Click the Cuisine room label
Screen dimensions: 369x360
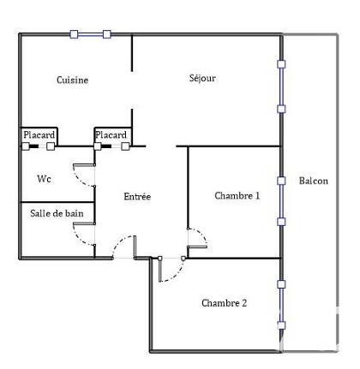(x=73, y=80)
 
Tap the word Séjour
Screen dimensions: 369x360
(x=202, y=79)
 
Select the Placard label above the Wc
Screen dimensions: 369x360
(x=39, y=135)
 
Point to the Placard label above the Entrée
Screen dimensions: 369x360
(x=111, y=135)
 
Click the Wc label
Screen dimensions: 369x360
(x=44, y=179)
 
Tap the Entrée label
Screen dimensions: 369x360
(x=137, y=196)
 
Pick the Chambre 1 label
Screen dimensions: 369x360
(x=237, y=195)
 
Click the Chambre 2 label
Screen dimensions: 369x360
(x=225, y=302)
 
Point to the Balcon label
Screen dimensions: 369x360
(x=313, y=181)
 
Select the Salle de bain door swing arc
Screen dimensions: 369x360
(x=86, y=235)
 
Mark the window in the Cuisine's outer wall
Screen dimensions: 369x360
(x=90, y=34)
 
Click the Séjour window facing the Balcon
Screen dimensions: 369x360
(x=281, y=86)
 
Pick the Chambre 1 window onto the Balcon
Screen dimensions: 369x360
(x=281, y=201)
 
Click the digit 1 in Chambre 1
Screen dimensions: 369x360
(x=256, y=195)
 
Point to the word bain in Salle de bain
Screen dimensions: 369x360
(x=75, y=212)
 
